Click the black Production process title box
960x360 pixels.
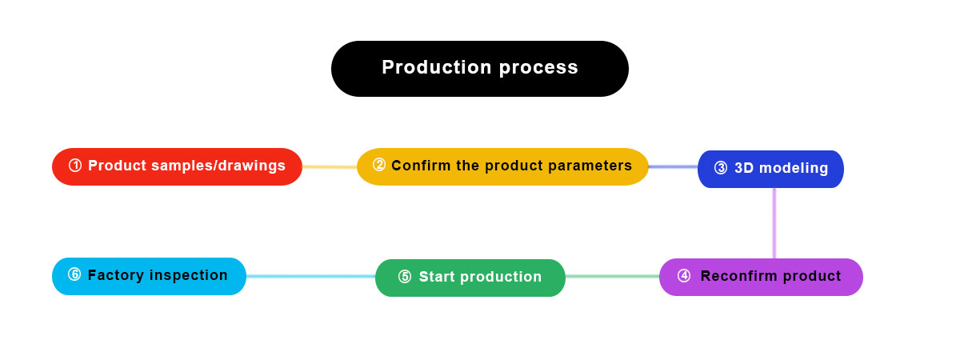click(479, 69)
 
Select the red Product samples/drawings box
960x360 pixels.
click(177, 166)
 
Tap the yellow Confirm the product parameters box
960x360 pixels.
click(502, 166)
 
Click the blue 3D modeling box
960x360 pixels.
click(770, 169)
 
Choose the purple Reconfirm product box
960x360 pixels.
click(761, 277)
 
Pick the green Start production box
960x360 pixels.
click(470, 278)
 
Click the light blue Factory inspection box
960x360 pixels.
click(149, 276)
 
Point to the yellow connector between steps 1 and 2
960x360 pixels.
click(330, 167)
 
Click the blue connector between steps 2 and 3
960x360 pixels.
click(673, 167)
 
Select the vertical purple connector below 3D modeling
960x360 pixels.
click(774, 223)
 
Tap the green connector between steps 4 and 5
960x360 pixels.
click(612, 277)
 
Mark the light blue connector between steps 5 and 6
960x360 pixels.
click(310, 277)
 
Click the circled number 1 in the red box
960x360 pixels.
click(75, 166)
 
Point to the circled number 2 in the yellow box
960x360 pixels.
click(379, 166)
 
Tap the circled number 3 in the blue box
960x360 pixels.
click(721, 168)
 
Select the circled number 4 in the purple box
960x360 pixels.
click(684, 276)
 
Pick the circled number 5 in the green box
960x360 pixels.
click(405, 277)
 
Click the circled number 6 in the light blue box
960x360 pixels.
click(74, 275)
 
